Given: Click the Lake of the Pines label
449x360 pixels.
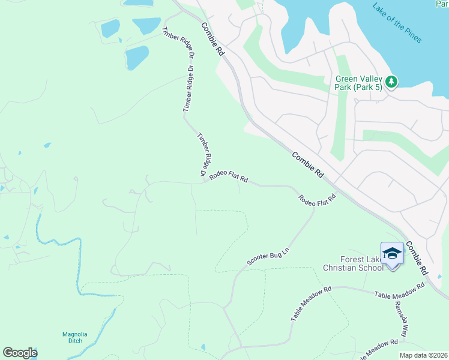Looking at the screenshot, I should pos(397,23).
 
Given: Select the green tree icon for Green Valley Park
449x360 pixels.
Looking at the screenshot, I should pos(391,81).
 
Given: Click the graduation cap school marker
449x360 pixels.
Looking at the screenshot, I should pos(392,254).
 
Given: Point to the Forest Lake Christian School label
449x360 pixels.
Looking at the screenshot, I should pos(353,263).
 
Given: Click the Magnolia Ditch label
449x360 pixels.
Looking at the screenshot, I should pos(75,338).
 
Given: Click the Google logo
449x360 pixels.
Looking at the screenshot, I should pos(20,353).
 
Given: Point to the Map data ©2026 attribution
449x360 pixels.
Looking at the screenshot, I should pos(423,355).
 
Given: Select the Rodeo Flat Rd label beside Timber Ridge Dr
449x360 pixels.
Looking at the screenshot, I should pos(228,178).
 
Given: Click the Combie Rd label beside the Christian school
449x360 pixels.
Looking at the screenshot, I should pos(415,258).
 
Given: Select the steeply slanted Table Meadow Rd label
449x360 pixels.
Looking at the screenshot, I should pos(311,304).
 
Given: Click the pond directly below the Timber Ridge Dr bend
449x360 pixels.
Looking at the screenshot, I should pos(137,58).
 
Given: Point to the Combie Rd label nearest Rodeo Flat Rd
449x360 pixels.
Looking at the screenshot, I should pos(308,164).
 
